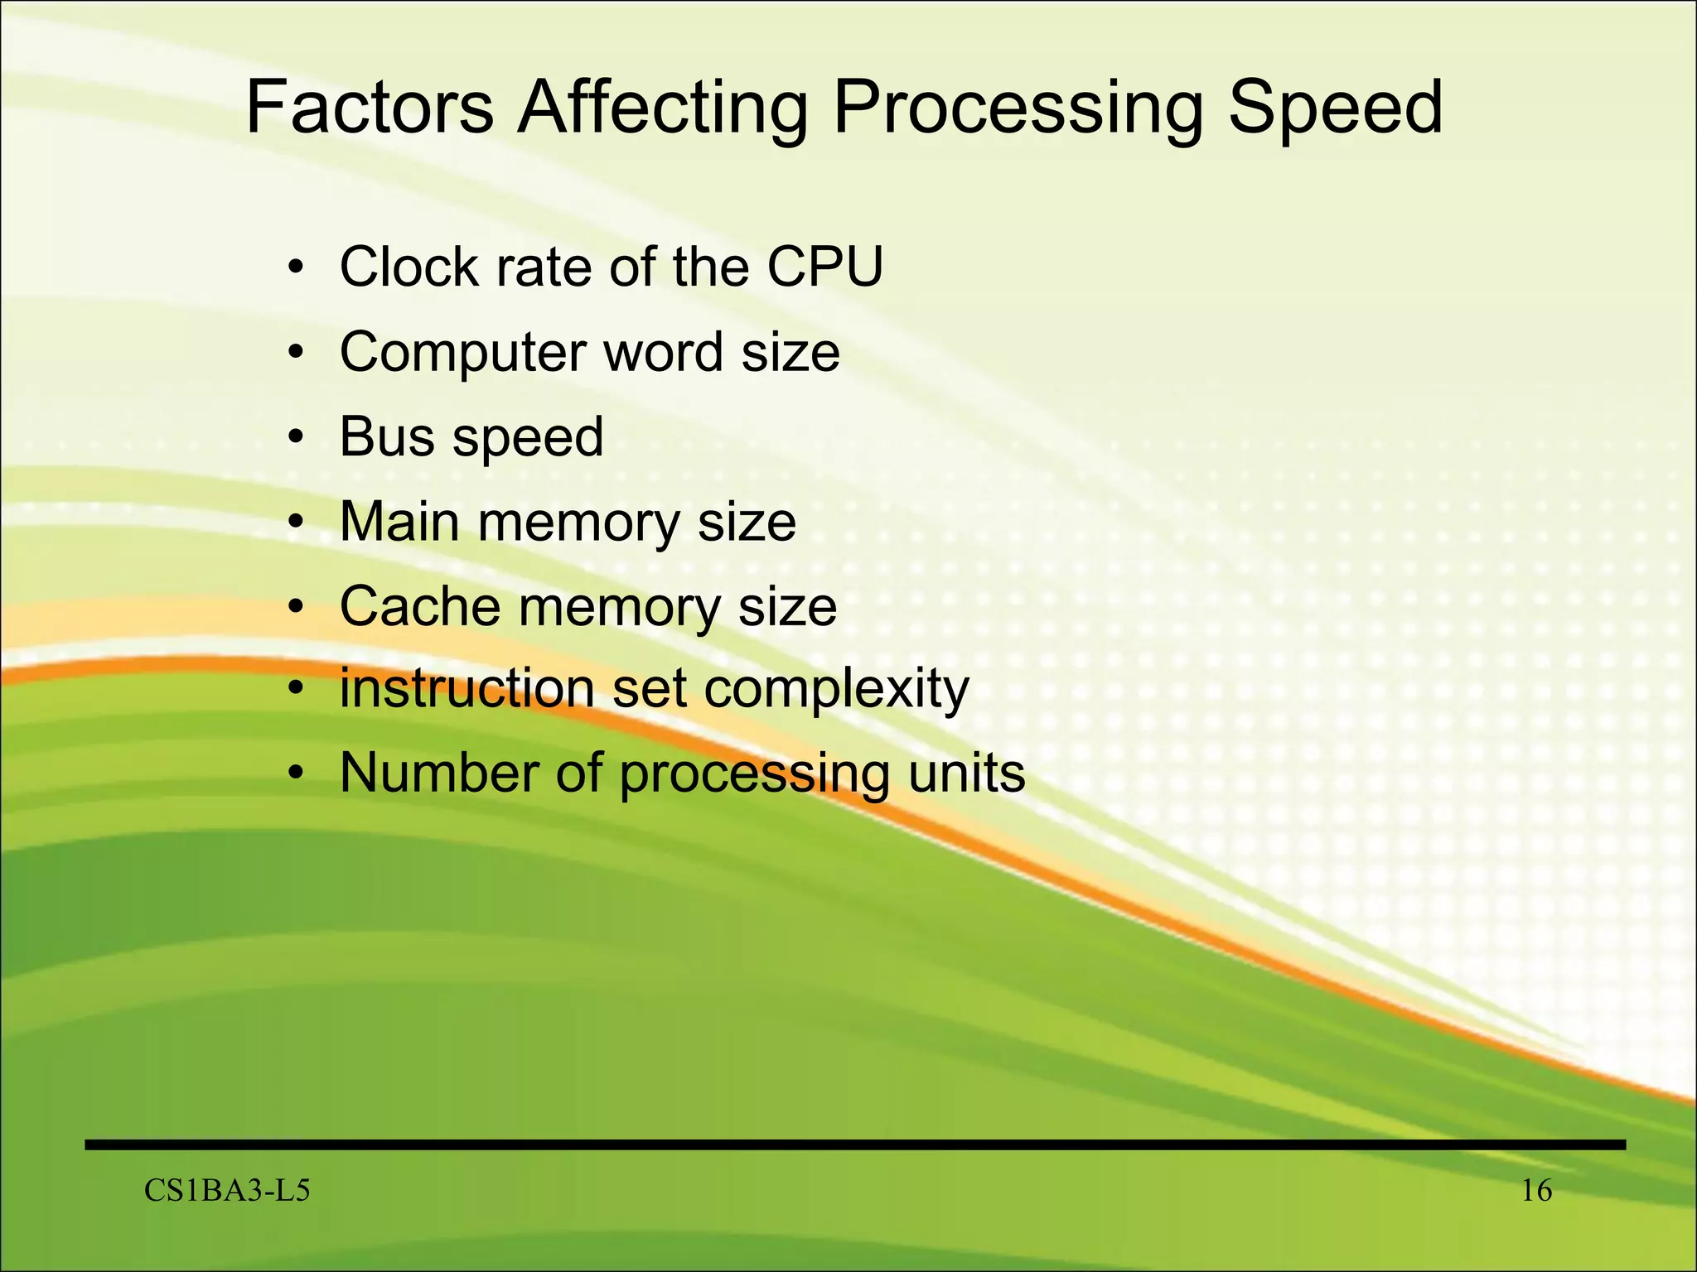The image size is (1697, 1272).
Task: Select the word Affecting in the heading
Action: click(x=662, y=108)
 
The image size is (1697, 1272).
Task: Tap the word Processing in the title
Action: click(x=1016, y=108)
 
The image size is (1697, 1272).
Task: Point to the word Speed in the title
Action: click(x=1336, y=108)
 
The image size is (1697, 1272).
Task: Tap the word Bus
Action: click(x=386, y=436)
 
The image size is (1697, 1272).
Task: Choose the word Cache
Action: click(x=419, y=606)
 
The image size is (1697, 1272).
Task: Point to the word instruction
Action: click(x=467, y=688)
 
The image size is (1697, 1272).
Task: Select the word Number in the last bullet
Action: click(x=440, y=773)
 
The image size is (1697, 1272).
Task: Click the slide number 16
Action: click(x=1536, y=1191)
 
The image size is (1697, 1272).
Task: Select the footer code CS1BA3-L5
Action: click(x=227, y=1191)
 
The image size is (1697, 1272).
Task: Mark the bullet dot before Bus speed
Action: click(x=296, y=438)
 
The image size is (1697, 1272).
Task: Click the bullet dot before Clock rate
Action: click(x=296, y=268)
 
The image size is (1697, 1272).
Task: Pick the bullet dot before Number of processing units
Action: click(x=296, y=774)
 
